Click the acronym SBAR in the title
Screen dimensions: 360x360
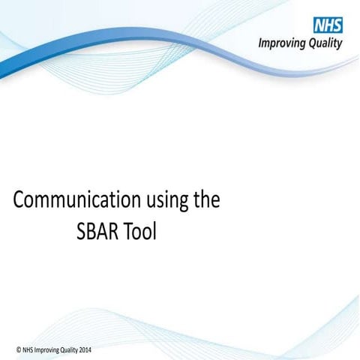point(100,232)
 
